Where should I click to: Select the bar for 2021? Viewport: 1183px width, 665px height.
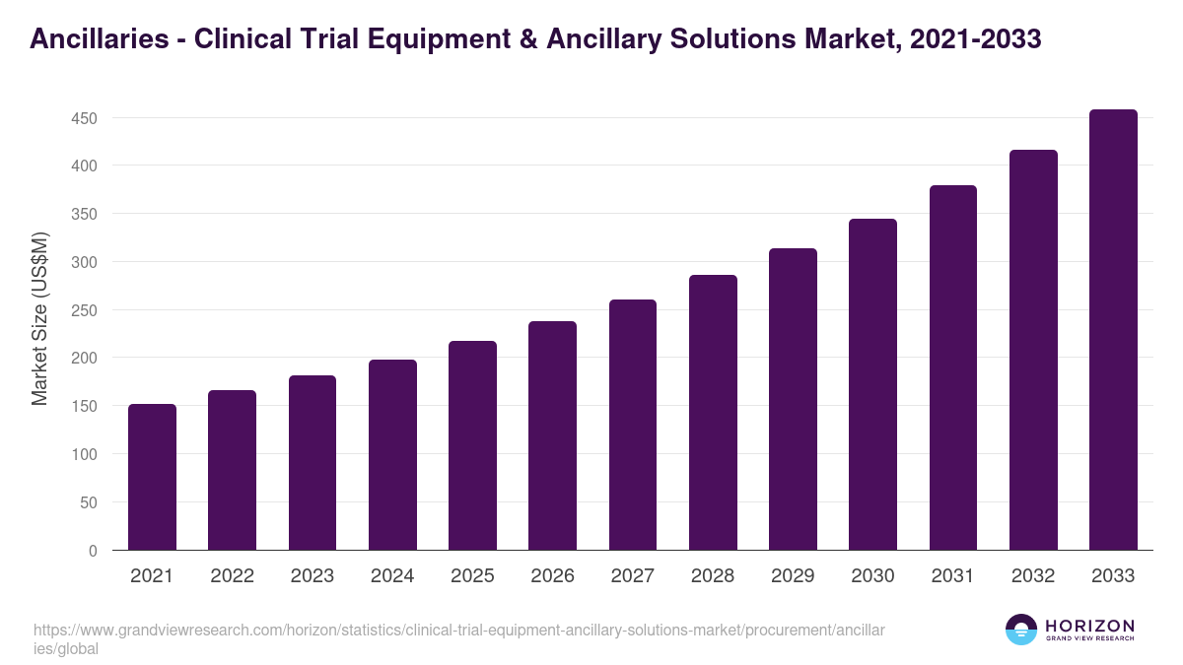[x=152, y=477]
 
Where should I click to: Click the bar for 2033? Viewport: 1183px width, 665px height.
[x=1113, y=330]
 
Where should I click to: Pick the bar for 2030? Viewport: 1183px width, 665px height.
[x=872, y=384]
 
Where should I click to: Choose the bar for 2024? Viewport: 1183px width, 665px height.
[x=392, y=455]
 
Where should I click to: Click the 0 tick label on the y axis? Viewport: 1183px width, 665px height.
[x=93, y=551]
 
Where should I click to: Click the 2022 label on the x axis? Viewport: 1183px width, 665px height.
[x=232, y=576]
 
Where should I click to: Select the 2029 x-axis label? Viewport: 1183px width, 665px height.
[x=793, y=576]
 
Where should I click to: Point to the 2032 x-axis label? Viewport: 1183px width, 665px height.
[x=1033, y=576]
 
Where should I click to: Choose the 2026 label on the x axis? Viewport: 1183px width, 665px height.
[x=552, y=576]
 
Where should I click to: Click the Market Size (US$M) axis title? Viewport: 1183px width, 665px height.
[x=39, y=318]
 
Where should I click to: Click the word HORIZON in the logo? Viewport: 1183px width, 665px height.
[x=1089, y=626]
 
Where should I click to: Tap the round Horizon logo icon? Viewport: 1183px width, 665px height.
[x=1021, y=630]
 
